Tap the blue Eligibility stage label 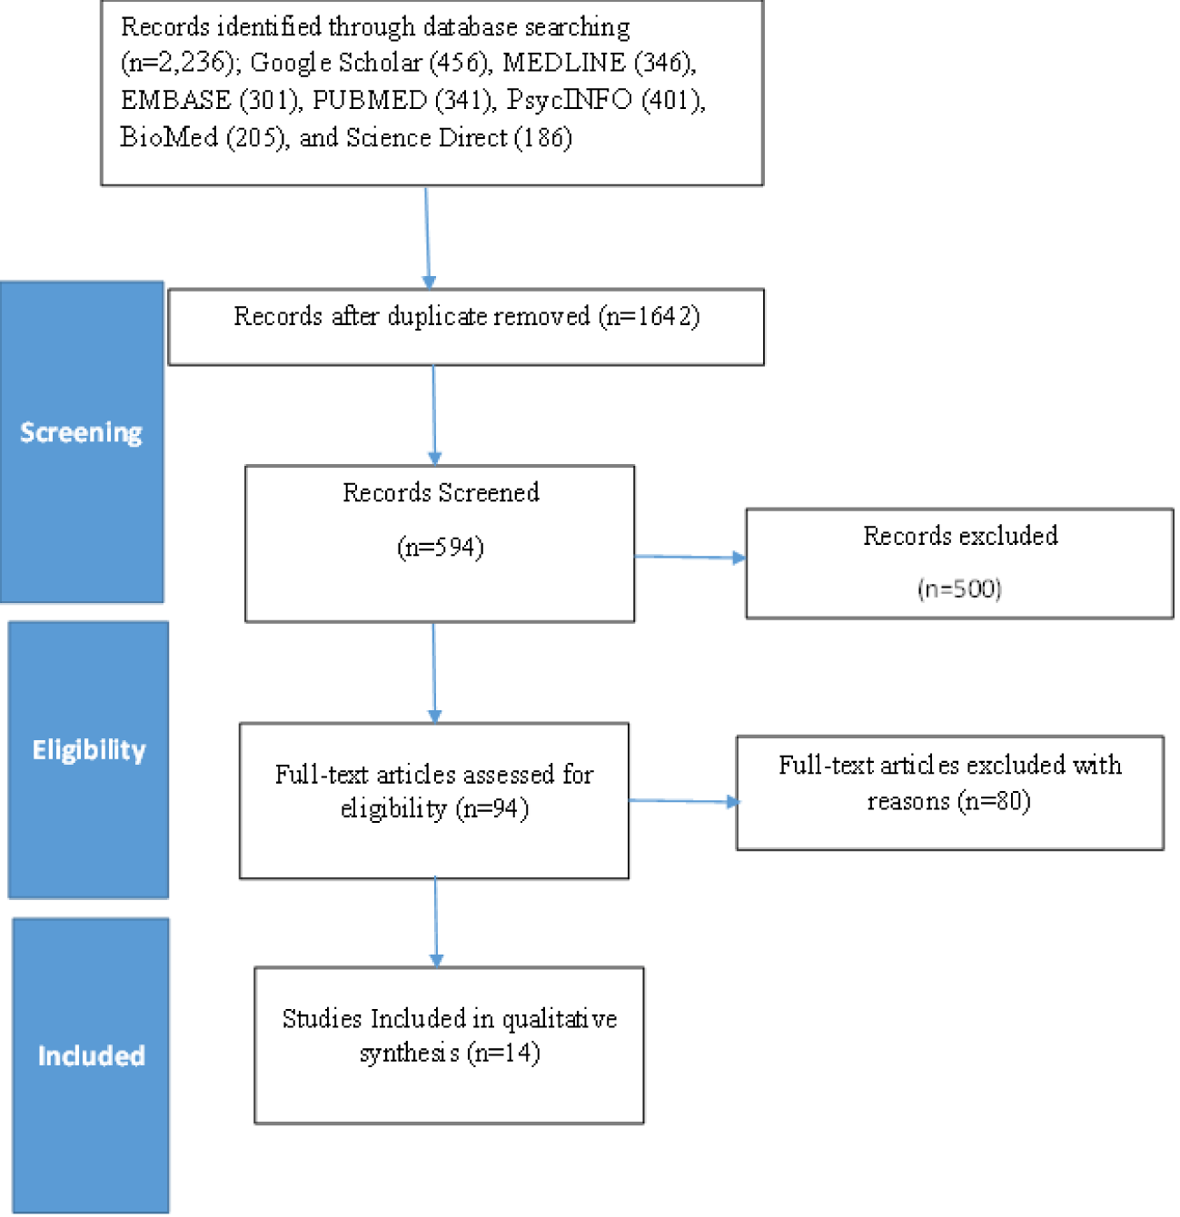point(89,750)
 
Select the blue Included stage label point(92,1056)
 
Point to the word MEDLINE point(564,62)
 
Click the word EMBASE point(176,100)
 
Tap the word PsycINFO point(570,100)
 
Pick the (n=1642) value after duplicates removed point(649,316)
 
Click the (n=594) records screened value point(441,548)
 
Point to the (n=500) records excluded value point(959,589)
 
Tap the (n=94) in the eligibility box point(491,808)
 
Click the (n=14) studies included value point(503,1053)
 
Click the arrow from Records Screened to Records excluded point(690,557)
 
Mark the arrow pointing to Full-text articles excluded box point(684,800)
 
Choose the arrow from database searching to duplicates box point(427,238)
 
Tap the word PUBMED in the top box point(369,100)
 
